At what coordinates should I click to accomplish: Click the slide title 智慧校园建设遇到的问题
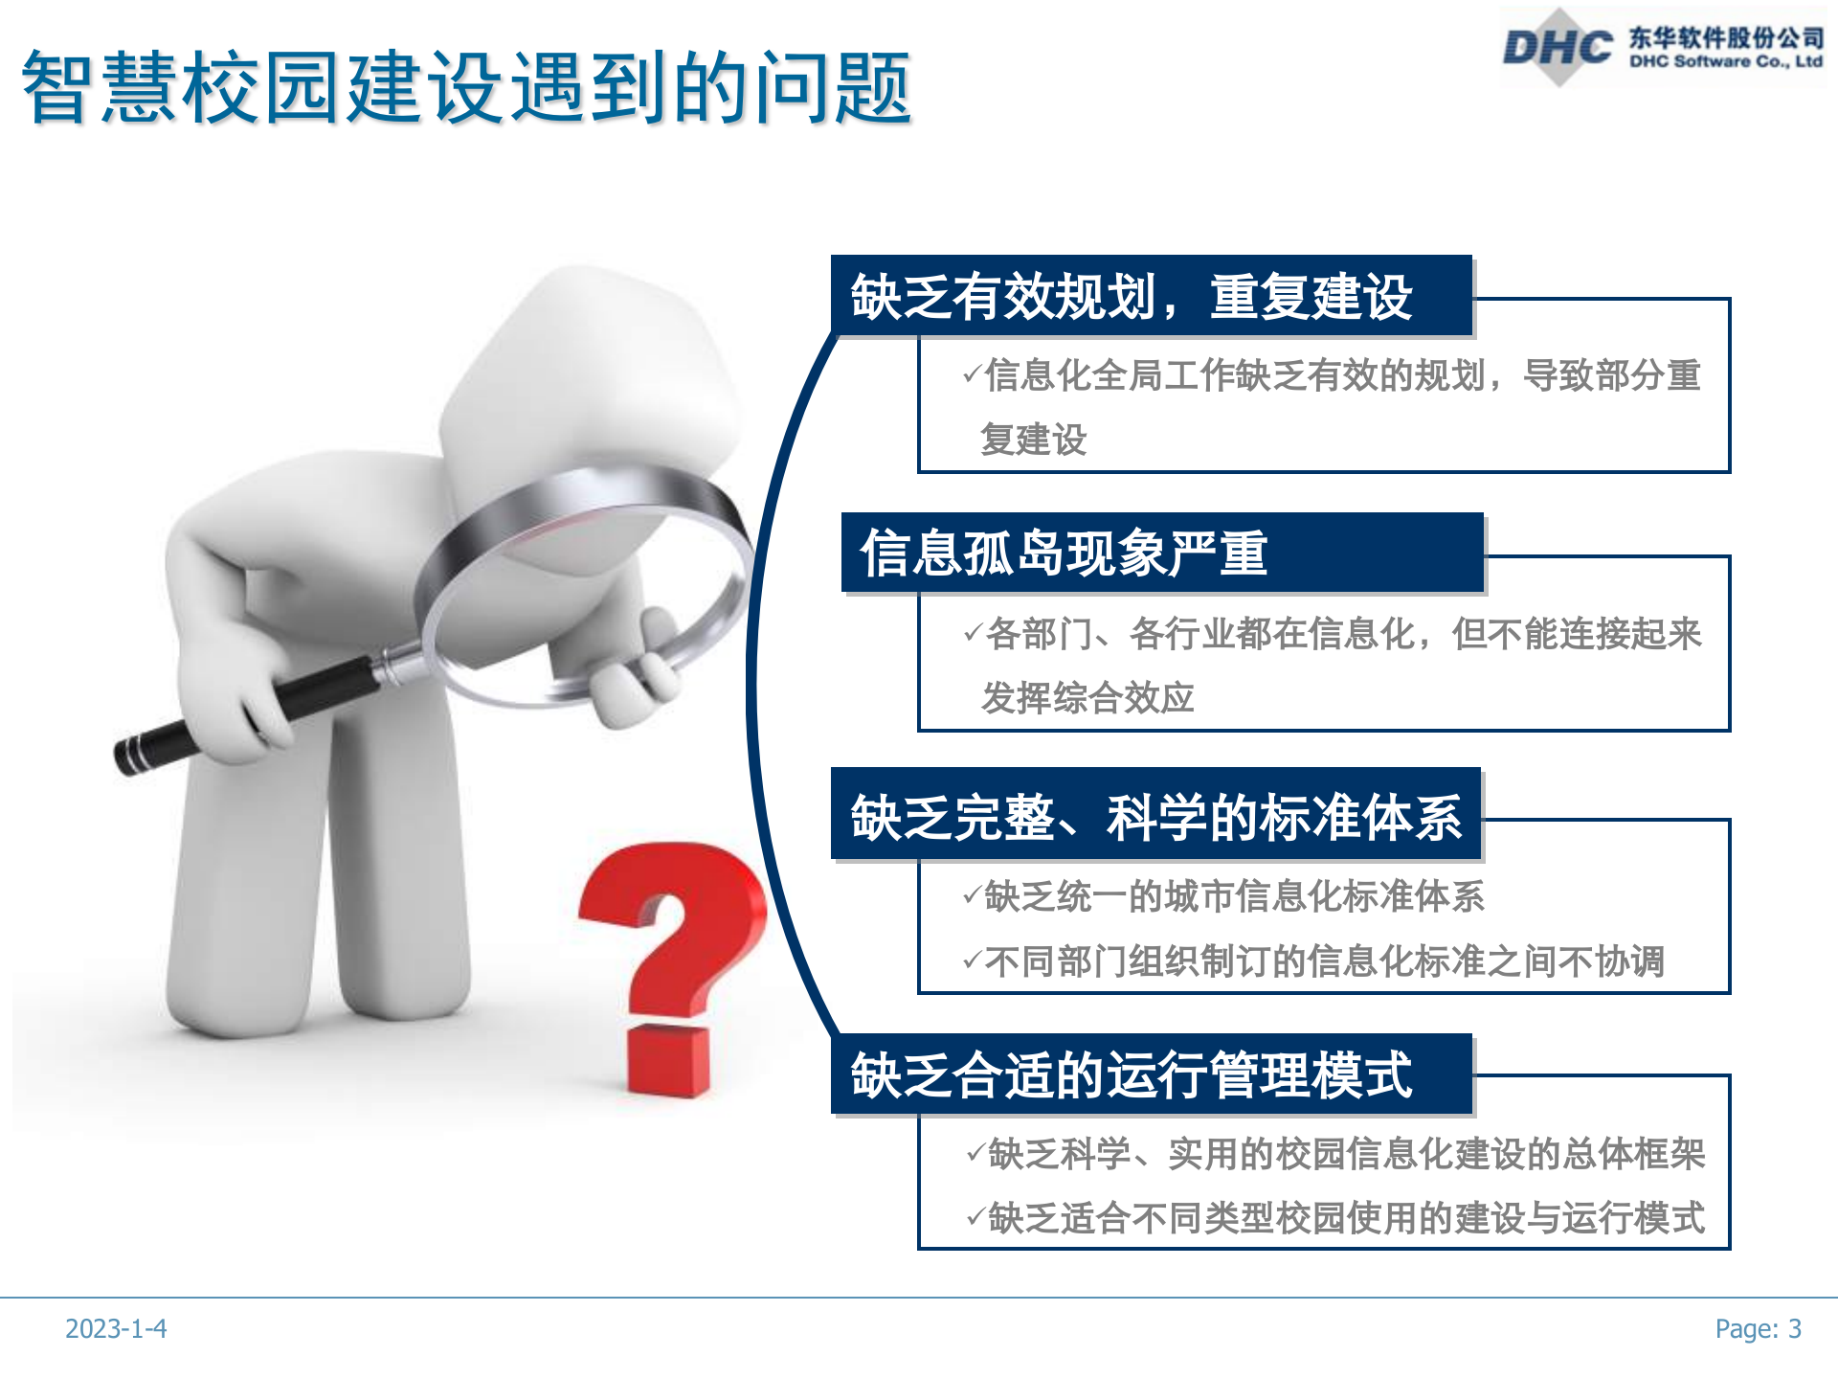(x=466, y=88)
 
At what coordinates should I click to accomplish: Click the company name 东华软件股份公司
(x=1726, y=37)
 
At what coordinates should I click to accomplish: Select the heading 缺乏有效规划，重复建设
(x=1132, y=297)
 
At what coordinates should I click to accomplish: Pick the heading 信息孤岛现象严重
(x=1064, y=554)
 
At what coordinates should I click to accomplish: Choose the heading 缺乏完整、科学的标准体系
(x=1155, y=817)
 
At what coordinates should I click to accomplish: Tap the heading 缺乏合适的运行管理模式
(x=1132, y=1074)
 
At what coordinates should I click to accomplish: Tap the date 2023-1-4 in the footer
(x=116, y=1328)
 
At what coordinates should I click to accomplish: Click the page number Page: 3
(x=1758, y=1328)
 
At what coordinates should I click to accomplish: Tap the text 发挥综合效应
(x=1087, y=697)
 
